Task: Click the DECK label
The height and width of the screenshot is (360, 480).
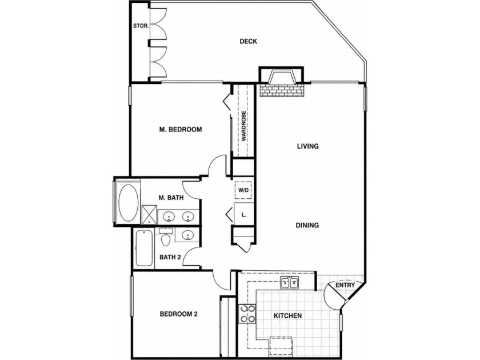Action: (x=248, y=41)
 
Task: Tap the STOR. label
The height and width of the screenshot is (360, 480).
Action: (x=141, y=26)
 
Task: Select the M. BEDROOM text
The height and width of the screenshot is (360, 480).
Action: (x=181, y=130)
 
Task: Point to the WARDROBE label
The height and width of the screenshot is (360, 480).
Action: (x=243, y=126)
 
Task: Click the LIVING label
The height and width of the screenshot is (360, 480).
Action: (x=308, y=146)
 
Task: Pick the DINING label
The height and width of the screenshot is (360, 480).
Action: (x=307, y=225)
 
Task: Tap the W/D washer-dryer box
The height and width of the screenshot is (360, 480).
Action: (x=243, y=190)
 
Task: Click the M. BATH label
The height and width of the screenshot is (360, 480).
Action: (x=171, y=198)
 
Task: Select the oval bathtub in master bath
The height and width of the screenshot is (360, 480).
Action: (x=129, y=202)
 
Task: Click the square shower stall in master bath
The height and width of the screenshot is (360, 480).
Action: (x=149, y=215)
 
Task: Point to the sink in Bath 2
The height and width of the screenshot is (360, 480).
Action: (x=187, y=235)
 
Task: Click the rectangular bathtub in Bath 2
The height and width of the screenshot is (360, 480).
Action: (x=144, y=248)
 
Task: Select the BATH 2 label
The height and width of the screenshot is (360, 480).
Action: (x=170, y=257)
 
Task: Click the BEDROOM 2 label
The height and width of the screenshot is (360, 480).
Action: (x=179, y=314)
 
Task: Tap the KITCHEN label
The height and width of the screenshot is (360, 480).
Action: (x=288, y=315)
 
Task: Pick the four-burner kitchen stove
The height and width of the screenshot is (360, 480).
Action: (x=247, y=314)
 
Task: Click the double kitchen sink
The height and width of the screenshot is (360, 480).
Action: (x=290, y=283)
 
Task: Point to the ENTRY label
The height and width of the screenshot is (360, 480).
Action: (x=345, y=285)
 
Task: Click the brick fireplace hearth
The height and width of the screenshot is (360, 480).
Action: (x=282, y=90)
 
